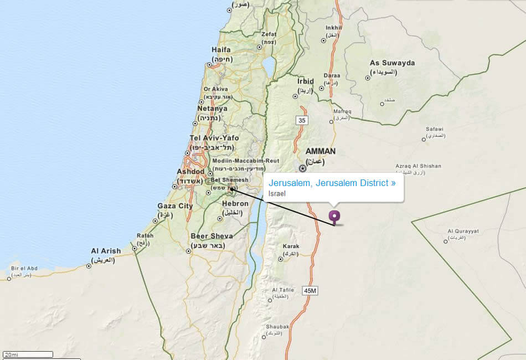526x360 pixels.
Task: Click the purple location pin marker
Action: click(334, 216)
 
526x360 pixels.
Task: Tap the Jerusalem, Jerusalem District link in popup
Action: click(332, 183)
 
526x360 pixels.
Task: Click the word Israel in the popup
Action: click(277, 193)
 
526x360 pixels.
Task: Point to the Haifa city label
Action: click(221, 49)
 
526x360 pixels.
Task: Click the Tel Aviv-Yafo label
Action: click(214, 138)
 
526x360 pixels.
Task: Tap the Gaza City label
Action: click(175, 206)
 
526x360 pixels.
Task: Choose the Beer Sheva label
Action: click(212, 236)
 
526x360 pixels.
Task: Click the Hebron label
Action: click(235, 204)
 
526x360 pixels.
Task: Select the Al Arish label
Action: click(106, 251)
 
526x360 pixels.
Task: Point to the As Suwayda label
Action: click(392, 63)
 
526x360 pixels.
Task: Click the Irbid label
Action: click(306, 81)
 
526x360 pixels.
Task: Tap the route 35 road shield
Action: click(301, 120)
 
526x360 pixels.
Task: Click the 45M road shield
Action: click(310, 290)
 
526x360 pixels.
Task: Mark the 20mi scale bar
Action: click(28, 354)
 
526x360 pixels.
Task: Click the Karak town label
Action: click(291, 246)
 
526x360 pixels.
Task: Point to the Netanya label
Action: click(212, 109)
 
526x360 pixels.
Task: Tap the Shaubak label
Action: click(277, 327)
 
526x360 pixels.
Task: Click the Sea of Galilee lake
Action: click(269, 67)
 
